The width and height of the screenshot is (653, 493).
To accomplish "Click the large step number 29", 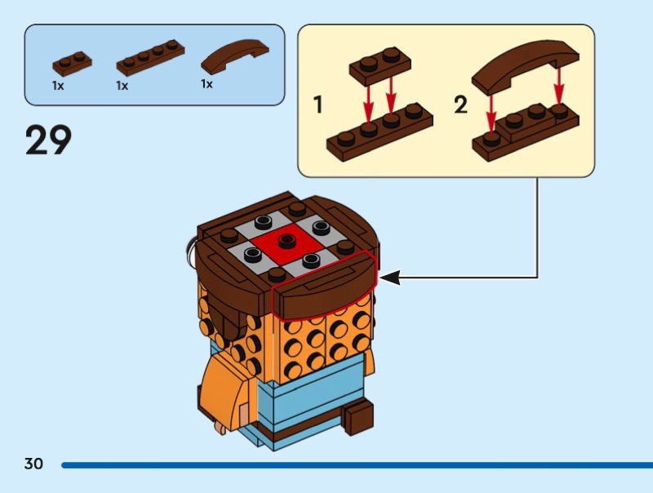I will [49, 140].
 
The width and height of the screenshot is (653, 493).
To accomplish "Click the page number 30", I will [33, 464].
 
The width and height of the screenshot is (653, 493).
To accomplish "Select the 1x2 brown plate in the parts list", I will [72, 62].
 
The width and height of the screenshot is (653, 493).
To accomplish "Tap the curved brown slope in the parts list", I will [234, 58].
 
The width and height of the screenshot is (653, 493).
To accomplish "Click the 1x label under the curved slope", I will [207, 83].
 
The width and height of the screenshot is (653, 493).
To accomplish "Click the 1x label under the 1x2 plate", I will [58, 85].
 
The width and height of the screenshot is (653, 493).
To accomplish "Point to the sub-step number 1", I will [318, 104].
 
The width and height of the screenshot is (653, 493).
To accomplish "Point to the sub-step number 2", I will [461, 104].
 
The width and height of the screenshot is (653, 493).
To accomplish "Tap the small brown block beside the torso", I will [358, 417].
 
